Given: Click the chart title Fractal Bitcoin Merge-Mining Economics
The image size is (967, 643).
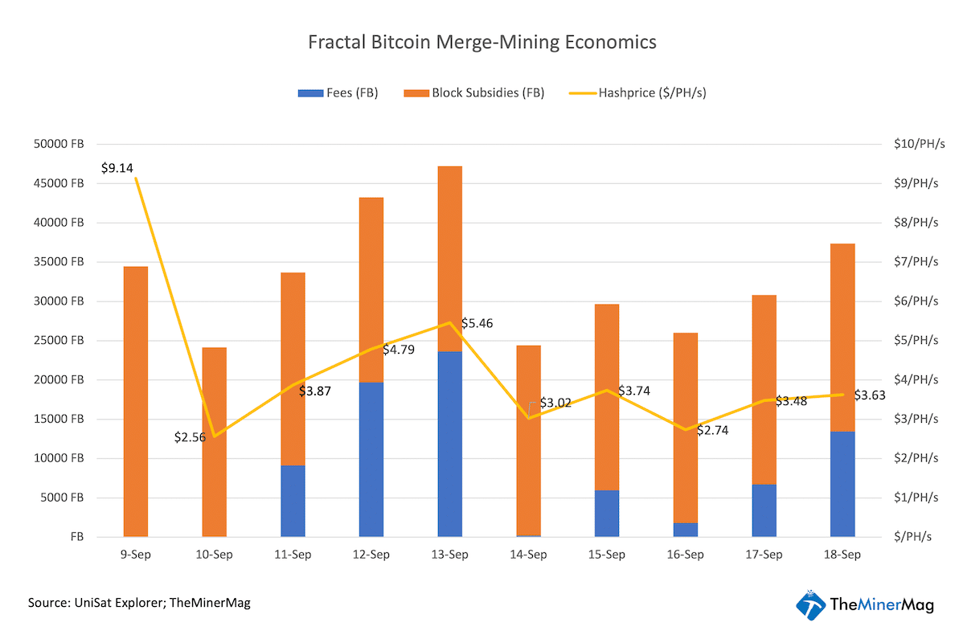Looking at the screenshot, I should click(482, 42).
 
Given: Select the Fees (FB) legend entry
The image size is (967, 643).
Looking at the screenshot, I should click(338, 92).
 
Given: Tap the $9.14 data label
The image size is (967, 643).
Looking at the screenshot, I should click(117, 168).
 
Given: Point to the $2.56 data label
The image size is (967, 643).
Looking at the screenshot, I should click(190, 437).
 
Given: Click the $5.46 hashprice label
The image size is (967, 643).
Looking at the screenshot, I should click(477, 323).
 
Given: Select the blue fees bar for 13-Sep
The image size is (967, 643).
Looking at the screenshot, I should click(449, 444).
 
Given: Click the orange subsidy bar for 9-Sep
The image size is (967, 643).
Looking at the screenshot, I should click(135, 402).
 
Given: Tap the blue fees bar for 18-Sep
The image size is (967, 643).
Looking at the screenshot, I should click(842, 484).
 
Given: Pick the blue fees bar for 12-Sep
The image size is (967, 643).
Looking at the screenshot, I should click(371, 459).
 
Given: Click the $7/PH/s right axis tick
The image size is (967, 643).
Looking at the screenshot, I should click(916, 262).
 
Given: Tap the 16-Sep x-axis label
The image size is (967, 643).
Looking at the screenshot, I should click(685, 555).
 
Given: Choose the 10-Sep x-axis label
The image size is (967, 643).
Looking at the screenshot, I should click(214, 555).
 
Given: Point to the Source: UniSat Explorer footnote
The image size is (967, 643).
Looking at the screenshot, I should click(139, 602).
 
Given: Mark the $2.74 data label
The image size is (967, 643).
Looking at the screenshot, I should click(712, 430).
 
